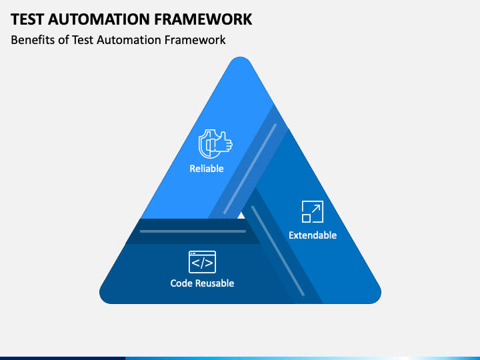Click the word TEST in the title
click(27, 19)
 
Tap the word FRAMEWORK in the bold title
click(203, 19)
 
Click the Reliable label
click(207, 169)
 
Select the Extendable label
click(313, 235)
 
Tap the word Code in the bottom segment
click(181, 283)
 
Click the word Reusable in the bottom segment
click(214, 283)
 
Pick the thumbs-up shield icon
click(215, 144)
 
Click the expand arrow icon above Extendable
click(313, 211)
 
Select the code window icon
click(203, 262)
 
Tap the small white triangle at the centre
click(241, 216)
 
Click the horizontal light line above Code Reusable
click(193, 231)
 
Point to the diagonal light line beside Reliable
click(250, 169)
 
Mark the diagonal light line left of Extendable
click(278, 251)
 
